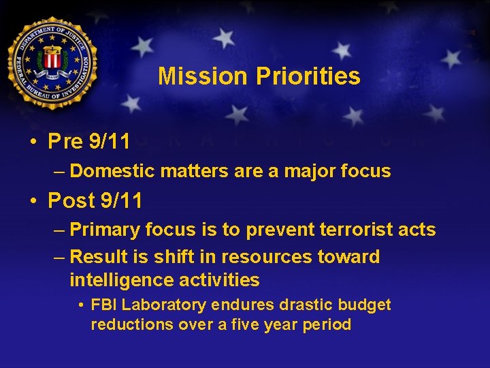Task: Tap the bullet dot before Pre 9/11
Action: click(x=33, y=142)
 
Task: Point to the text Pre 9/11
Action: click(x=89, y=142)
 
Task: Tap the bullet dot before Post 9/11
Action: click(x=33, y=201)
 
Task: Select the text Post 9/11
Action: click(x=95, y=201)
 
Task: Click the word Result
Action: click(x=97, y=257)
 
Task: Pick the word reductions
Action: click(x=132, y=324)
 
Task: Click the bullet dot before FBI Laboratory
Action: click(x=81, y=305)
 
